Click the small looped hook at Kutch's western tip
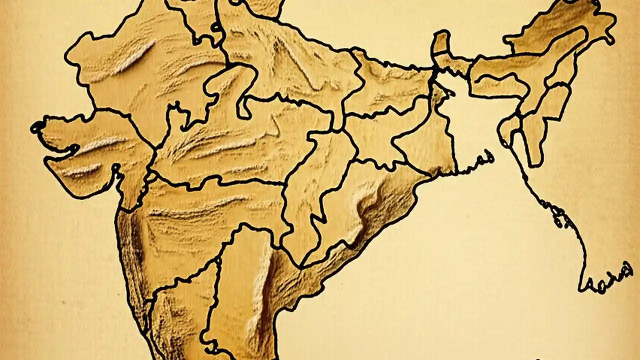(36, 127)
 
